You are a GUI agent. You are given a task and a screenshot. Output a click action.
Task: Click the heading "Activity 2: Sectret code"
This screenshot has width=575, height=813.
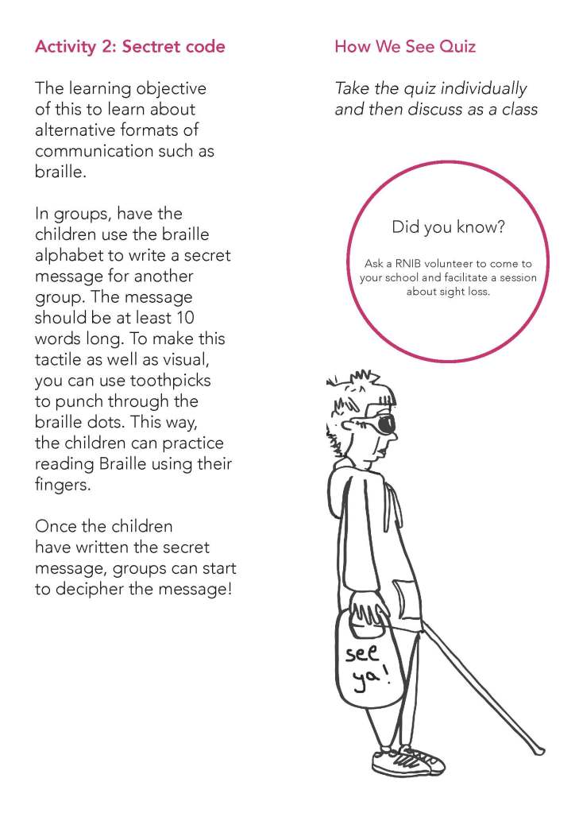(x=129, y=46)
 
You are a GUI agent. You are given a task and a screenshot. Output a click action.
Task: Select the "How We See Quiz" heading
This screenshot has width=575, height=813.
(x=405, y=46)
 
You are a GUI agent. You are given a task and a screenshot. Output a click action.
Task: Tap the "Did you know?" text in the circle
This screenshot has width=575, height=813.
(x=448, y=228)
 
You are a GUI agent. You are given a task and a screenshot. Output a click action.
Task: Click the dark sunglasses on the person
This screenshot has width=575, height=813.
(x=385, y=423)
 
